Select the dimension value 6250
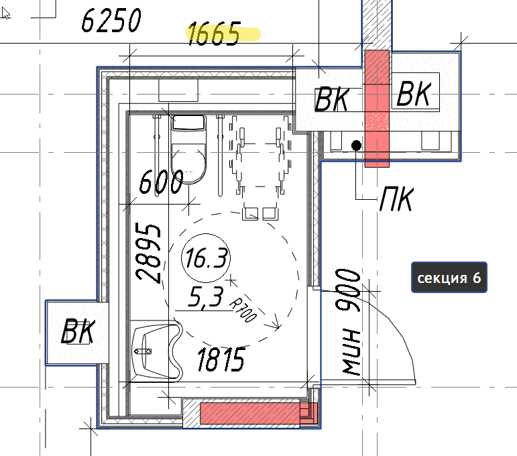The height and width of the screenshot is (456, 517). click(x=111, y=20)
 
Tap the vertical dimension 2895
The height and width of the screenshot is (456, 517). click(x=148, y=252)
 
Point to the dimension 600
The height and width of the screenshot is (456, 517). click(x=161, y=182)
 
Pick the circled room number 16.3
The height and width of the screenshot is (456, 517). click(x=206, y=258)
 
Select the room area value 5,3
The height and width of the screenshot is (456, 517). click(x=206, y=297)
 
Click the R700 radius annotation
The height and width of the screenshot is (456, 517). click(x=242, y=310)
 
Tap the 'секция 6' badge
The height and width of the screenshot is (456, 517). click(x=449, y=278)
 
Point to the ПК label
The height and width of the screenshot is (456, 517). click(x=396, y=198)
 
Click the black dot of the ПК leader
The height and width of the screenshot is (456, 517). click(x=356, y=146)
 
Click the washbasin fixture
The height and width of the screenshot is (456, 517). click(x=156, y=351)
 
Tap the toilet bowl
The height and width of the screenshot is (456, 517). click(x=188, y=163)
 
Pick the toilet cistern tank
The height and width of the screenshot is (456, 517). click(x=188, y=123)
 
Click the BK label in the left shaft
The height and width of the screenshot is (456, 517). click(x=78, y=331)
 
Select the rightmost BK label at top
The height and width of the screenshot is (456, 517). click(x=414, y=94)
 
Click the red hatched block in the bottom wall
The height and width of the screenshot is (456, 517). click(x=259, y=413)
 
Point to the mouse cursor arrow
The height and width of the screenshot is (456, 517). click(x=5, y=13)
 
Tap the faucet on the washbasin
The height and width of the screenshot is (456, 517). click(x=143, y=351)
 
